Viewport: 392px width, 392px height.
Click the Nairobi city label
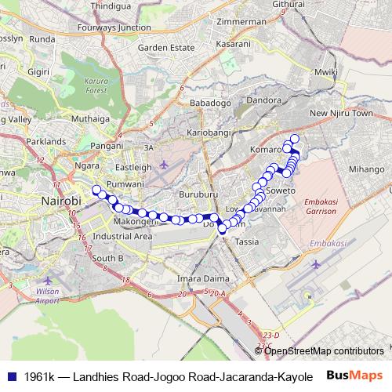(60, 201)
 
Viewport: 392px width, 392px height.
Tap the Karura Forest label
(96, 85)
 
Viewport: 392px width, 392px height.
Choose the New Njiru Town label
(340, 114)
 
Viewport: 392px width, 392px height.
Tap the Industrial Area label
(122, 235)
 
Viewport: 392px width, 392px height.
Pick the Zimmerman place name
(243, 21)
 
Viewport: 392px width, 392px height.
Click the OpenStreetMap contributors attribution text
(324, 350)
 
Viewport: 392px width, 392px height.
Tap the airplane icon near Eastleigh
(163, 164)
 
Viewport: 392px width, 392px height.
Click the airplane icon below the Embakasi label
(316, 263)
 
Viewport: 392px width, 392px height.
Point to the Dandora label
(263, 101)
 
